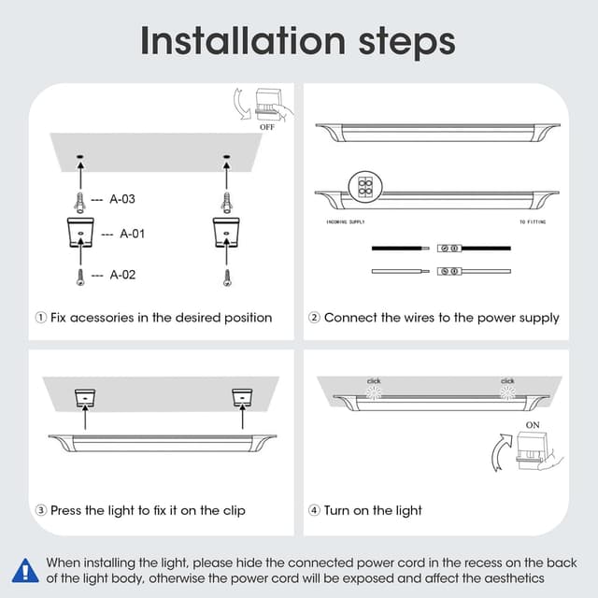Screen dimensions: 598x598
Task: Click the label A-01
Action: click(131, 234)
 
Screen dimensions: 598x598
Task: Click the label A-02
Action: click(123, 275)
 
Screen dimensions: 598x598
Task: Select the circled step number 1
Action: click(40, 318)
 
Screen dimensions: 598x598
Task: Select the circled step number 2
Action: click(315, 318)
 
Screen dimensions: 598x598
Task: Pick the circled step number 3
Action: click(40, 510)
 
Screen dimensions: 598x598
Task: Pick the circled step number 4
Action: click(315, 510)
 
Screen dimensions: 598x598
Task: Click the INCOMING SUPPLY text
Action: click(351, 223)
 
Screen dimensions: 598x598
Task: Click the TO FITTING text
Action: click(533, 223)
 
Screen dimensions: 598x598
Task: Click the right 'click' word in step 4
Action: click(507, 381)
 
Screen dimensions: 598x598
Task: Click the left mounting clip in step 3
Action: click(86, 398)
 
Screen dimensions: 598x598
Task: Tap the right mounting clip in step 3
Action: click(244, 398)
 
